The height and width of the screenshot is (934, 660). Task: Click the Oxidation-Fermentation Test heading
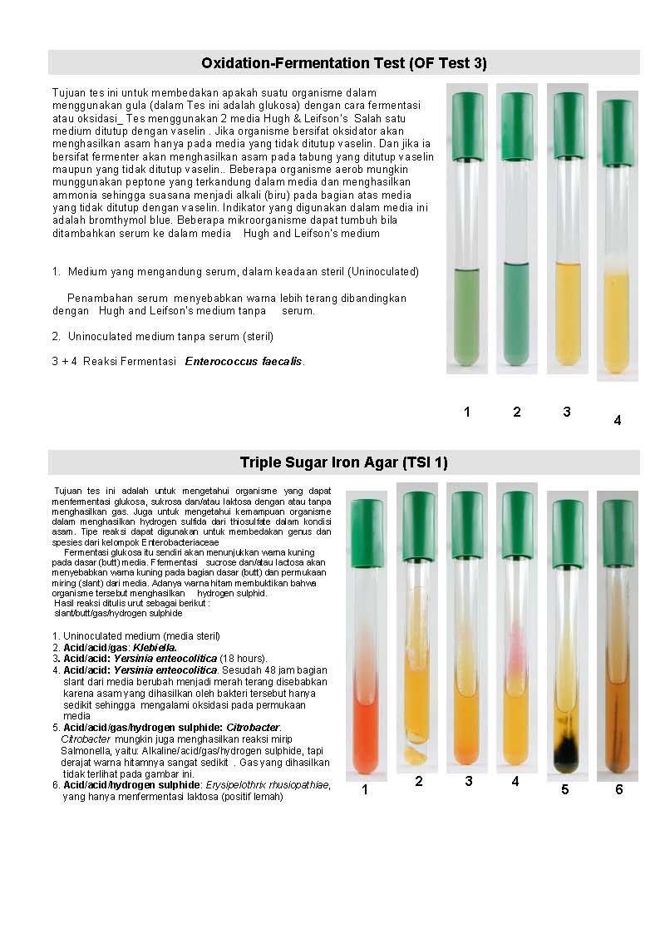[343, 63]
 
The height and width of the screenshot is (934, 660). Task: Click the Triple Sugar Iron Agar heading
[343, 462]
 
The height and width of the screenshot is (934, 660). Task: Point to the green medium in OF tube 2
[516, 316]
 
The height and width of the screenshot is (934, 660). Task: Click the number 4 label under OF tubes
[617, 421]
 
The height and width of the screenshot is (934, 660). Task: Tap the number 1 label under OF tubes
[467, 412]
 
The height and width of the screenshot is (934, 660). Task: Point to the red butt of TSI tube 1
[366, 736]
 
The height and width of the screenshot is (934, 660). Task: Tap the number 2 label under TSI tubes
[419, 782]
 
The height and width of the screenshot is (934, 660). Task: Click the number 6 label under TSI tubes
[618, 789]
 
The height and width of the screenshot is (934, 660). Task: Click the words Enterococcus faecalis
[244, 361]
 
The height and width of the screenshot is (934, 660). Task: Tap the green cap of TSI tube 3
[467, 513]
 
